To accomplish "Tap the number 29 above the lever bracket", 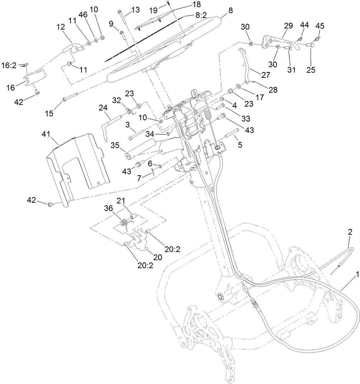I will click(x=288, y=26).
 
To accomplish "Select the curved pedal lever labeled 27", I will click(x=245, y=66).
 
